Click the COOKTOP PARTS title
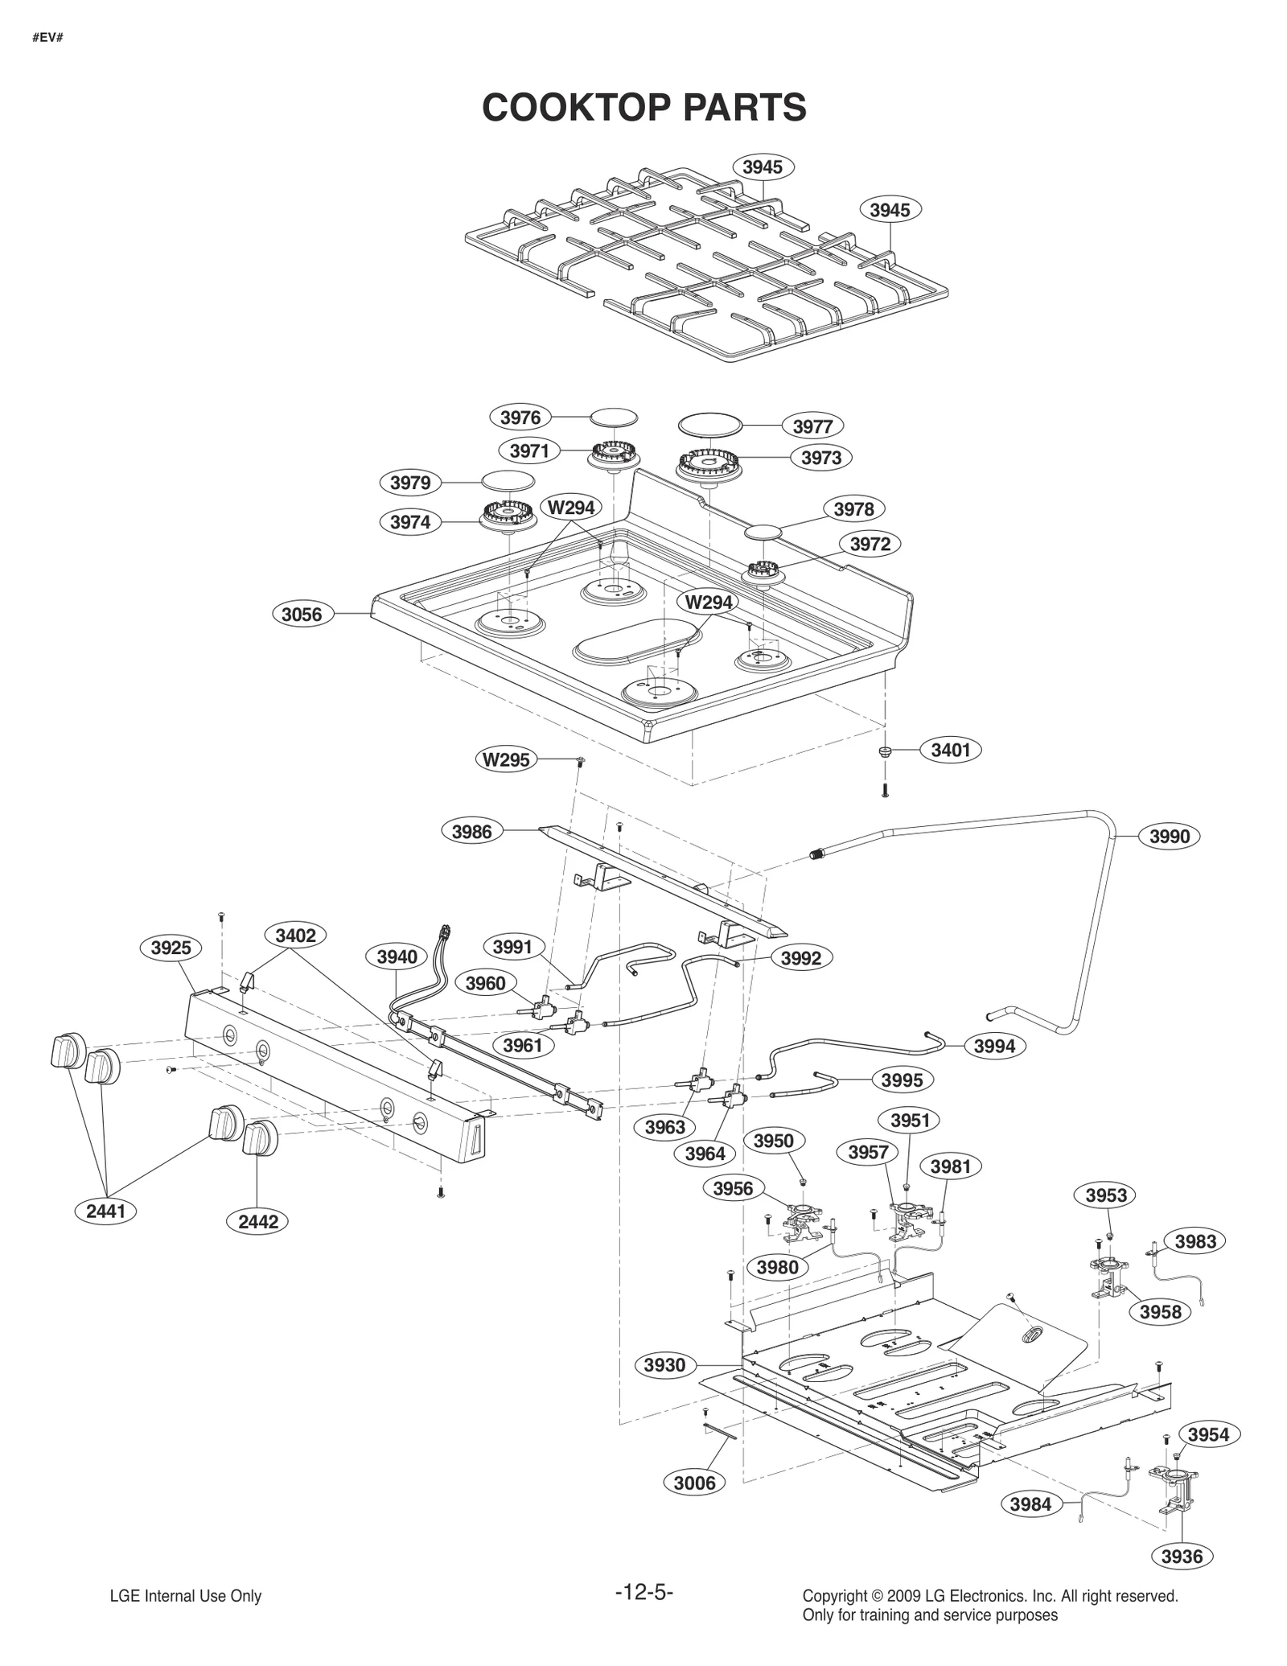coord(643,107)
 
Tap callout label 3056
coord(302,615)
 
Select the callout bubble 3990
coord(1169,837)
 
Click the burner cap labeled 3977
coord(709,424)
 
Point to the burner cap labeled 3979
coord(508,481)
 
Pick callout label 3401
coord(951,750)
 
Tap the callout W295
coord(506,759)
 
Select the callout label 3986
coord(472,831)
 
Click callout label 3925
coord(171,948)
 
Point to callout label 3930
coord(664,1365)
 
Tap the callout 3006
coord(694,1483)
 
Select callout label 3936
coord(1182,1556)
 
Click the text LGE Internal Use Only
coord(186,1596)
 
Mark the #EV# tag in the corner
coord(47,38)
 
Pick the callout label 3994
coord(995,1046)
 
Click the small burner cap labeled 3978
coord(763,533)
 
